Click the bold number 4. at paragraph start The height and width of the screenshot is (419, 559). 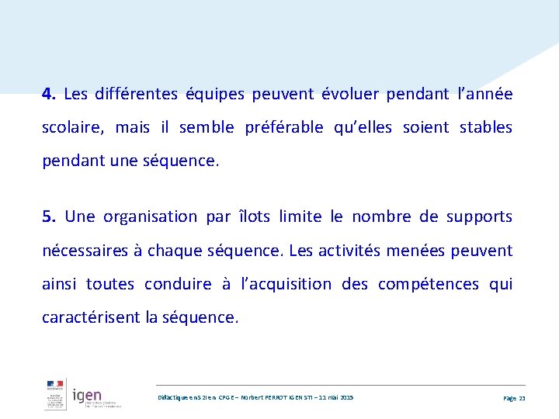(49, 95)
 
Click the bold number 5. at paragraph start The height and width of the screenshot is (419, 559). (49, 216)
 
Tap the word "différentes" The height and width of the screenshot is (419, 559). (135, 95)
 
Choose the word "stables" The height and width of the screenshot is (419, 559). (486, 127)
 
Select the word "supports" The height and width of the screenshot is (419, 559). (480, 216)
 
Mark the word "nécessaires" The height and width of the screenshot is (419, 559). (85, 251)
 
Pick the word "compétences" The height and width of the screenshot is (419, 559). (429, 284)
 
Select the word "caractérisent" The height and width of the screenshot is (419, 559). (92, 317)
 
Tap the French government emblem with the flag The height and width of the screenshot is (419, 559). (55, 395)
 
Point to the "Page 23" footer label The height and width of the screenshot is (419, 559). (514, 398)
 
